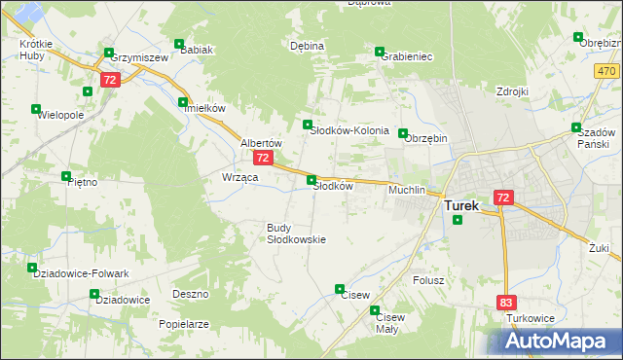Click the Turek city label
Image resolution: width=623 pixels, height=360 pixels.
[461, 206]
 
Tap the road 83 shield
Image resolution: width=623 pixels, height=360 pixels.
[505, 303]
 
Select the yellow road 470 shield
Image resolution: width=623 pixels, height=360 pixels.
[606, 72]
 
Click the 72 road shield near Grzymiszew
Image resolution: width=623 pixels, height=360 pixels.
[110, 80]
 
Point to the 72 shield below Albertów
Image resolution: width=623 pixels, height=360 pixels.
[262, 157]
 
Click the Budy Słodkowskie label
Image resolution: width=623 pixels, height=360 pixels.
[296, 234]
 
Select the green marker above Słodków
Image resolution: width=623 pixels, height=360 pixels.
[311, 180]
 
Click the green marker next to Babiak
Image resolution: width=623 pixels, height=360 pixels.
[178, 44]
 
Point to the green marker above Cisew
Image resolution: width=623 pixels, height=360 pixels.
[340, 289]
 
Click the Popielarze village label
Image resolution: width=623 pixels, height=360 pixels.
[184, 323]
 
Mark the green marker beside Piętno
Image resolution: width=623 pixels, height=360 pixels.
[66, 176]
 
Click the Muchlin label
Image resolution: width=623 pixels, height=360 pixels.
[407, 190]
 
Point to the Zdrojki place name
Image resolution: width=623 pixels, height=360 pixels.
[511, 91]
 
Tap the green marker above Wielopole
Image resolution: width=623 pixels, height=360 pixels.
[36, 109]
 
